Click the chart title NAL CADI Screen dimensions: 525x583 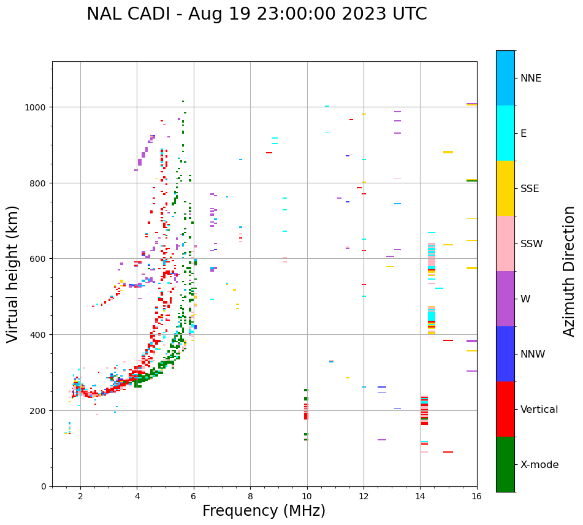[x=256, y=14]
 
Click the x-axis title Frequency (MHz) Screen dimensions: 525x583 [x=264, y=511]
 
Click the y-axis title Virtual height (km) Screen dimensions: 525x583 [x=13, y=274]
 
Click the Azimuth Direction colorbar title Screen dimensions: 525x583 [x=570, y=270]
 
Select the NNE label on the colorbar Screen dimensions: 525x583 [x=531, y=79]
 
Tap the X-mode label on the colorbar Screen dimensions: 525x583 [x=539, y=465]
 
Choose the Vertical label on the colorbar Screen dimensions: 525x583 [x=539, y=410]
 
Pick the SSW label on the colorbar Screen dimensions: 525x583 [x=532, y=244]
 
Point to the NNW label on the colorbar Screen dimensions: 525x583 [x=533, y=354]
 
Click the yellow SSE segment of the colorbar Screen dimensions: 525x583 [x=505, y=188]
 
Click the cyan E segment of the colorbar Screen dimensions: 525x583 [x=505, y=133]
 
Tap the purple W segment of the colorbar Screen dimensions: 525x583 [x=505, y=299]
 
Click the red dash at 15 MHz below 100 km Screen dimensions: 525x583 [x=448, y=452]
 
